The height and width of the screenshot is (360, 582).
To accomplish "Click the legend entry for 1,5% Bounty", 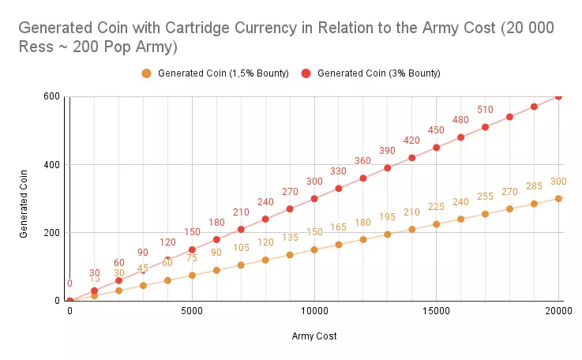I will pyautogui.click(x=215, y=73).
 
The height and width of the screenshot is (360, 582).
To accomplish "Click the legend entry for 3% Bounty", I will pyautogui.click(x=378, y=73).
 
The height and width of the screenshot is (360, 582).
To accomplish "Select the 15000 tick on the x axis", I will pyautogui.click(x=437, y=312).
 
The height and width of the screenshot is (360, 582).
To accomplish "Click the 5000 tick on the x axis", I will pyautogui.click(x=192, y=312).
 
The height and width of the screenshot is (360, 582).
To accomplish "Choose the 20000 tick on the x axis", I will pyautogui.click(x=558, y=312).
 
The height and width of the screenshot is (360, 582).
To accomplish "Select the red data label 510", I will pyautogui.click(x=485, y=110).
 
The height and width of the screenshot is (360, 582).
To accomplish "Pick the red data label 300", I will pyautogui.click(x=314, y=181).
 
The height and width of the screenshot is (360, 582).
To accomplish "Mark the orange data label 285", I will pyautogui.click(x=534, y=186).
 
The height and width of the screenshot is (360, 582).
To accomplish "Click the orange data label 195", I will pyautogui.click(x=387, y=217).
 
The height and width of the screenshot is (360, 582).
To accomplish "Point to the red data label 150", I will pyautogui.click(x=192, y=232).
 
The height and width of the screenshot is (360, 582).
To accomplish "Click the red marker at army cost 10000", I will pyautogui.click(x=314, y=198).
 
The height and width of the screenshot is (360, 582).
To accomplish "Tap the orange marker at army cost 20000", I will pyautogui.click(x=558, y=198).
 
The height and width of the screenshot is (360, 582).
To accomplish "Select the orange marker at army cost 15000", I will pyautogui.click(x=436, y=224).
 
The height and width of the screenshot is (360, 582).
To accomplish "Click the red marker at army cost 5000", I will pyautogui.click(x=192, y=249).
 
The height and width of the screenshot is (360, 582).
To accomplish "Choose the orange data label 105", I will pyautogui.click(x=241, y=248).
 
